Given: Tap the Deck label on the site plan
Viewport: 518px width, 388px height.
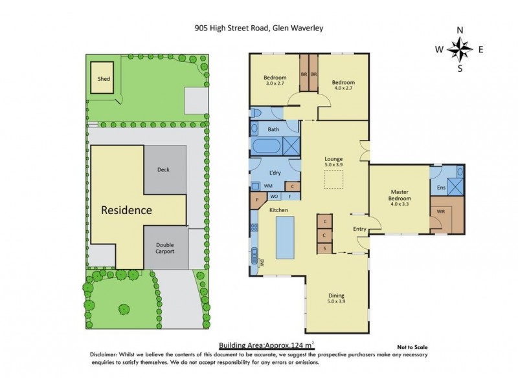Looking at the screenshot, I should (x=163, y=170).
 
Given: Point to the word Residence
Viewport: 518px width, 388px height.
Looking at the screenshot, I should (x=126, y=210).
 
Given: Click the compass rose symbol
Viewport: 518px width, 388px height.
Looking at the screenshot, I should (x=460, y=49).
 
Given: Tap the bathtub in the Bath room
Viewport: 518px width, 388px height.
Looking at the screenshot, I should (x=265, y=145).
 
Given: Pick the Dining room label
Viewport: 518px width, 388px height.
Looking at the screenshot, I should (x=334, y=297).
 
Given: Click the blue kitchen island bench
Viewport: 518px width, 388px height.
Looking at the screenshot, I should (x=286, y=237).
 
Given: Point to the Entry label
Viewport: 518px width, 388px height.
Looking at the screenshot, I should (x=359, y=229).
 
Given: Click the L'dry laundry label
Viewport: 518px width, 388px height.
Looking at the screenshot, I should (x=274, y=175).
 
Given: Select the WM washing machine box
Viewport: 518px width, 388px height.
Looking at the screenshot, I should (x=267, y=186).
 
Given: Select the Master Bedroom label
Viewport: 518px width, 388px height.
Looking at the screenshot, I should (x=399, y=196).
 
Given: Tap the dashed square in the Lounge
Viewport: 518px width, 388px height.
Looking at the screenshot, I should (x=334, y=181).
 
